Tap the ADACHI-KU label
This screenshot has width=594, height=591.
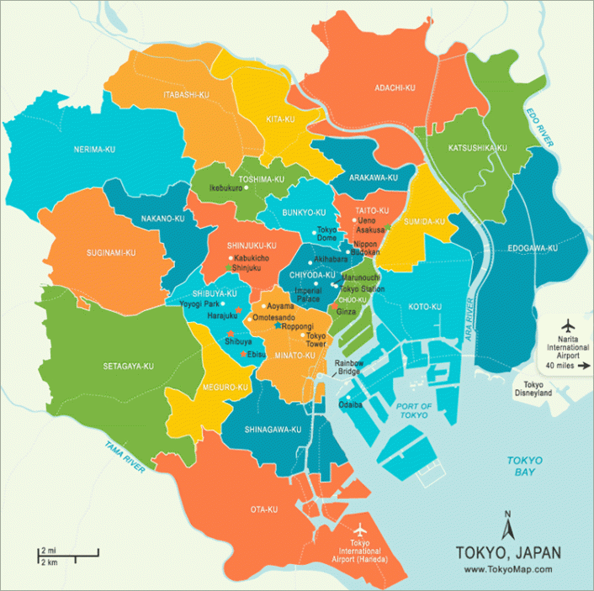[395, 87]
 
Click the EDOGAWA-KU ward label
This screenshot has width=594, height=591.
[533, 248]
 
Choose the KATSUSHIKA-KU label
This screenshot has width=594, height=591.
[477, 148]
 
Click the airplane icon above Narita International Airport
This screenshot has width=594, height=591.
[566, 325]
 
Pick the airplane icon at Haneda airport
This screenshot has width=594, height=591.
[362, 530]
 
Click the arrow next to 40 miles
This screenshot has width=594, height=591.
[585, 366]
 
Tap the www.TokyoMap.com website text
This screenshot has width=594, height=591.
[507, 569]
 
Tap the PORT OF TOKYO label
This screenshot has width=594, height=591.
[414, 411]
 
